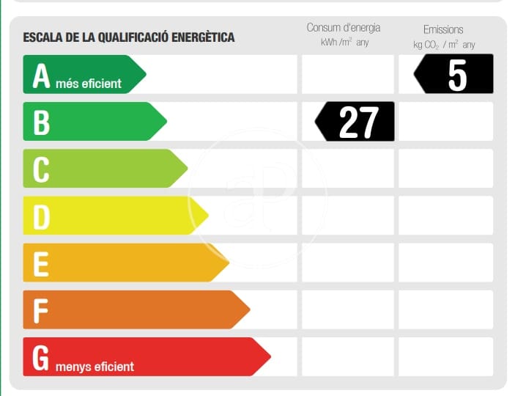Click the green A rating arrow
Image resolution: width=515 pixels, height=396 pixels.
81,74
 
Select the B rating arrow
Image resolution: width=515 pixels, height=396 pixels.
92,121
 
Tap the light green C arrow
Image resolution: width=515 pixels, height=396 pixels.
103,168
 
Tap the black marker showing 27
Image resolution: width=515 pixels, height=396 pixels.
356,122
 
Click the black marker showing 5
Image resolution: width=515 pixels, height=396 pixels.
454,74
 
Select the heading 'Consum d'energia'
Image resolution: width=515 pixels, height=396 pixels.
344,28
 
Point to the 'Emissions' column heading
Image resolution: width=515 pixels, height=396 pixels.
443,29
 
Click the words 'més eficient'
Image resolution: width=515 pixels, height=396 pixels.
89,84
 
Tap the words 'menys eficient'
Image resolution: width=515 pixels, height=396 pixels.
95,366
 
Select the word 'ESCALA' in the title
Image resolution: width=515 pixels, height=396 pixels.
41,37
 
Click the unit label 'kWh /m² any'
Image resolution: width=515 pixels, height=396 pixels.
344,43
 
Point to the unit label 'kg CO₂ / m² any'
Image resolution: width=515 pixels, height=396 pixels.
444,45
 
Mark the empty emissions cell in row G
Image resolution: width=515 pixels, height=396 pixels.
445,356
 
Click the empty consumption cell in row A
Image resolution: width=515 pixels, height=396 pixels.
347,74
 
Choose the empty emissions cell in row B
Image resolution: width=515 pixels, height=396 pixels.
445,121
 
